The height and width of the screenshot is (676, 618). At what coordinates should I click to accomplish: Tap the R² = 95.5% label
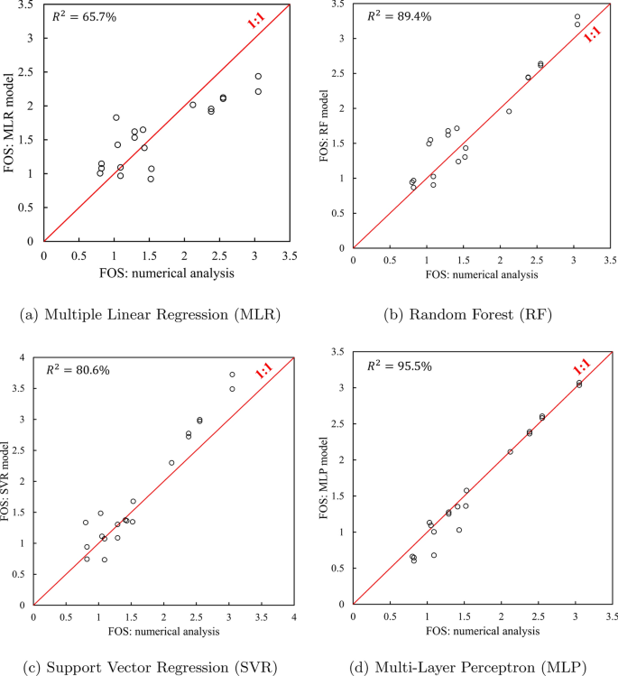tap(395, 366)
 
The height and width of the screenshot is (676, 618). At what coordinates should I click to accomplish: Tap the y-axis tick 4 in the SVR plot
tap(23, 357)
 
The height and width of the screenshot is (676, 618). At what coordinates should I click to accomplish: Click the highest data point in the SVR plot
tap(232, 375)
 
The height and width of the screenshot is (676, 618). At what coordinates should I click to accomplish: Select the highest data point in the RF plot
tap(577, 16)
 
